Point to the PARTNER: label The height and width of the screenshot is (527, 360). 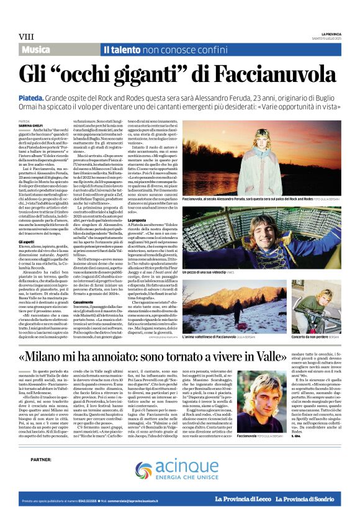40,459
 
